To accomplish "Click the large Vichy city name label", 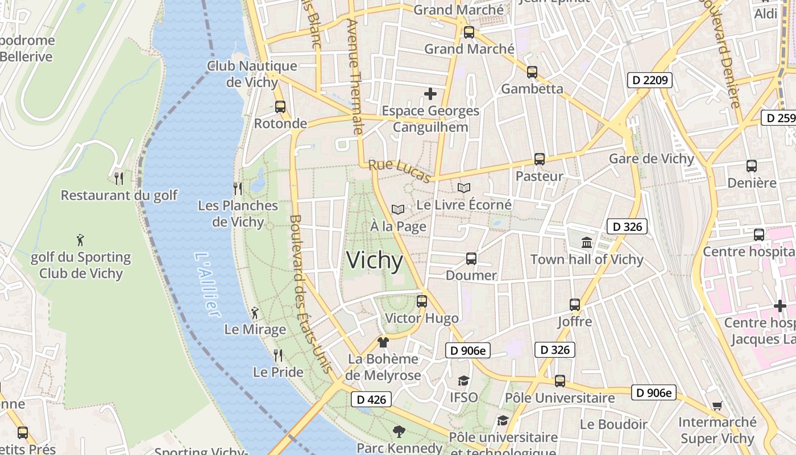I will pyautogui.click(x=375, y=260).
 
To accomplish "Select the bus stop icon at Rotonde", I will pyautogui.click(x=280, y=107).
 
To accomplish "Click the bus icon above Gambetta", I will pyautogui.click(x=532, y=72).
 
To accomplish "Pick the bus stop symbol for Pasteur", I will pyautogui.click(x=539, y=159).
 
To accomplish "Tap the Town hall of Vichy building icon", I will pyautogui.click(x=587, y=243).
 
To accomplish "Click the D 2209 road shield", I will pyautogui.click(x=650, y=80).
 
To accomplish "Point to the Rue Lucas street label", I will pyautogui.click(x=399, y=171).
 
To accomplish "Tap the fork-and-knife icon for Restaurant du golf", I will pyautogui.click(x=119, y=179).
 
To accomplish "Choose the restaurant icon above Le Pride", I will pyautogui.click(x=278, y=355).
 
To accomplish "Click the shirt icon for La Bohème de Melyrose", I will pyautogui.click(x=383, y=342).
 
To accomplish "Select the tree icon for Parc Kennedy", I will pyautogui.click(x=399, y=432).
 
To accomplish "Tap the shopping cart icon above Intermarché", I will pyautogui.click(x=717, y=406).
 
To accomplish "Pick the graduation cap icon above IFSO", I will pyautogui.click(x=464, y=380).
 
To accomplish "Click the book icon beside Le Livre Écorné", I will pyautogui.click(x=464, y=188).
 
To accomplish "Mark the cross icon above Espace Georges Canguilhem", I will pyautogui.click(x=430, y=94).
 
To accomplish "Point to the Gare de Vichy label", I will pyautogui.click(x=652, y=159).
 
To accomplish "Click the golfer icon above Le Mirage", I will pyautogui.click(x=255, y=313).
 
